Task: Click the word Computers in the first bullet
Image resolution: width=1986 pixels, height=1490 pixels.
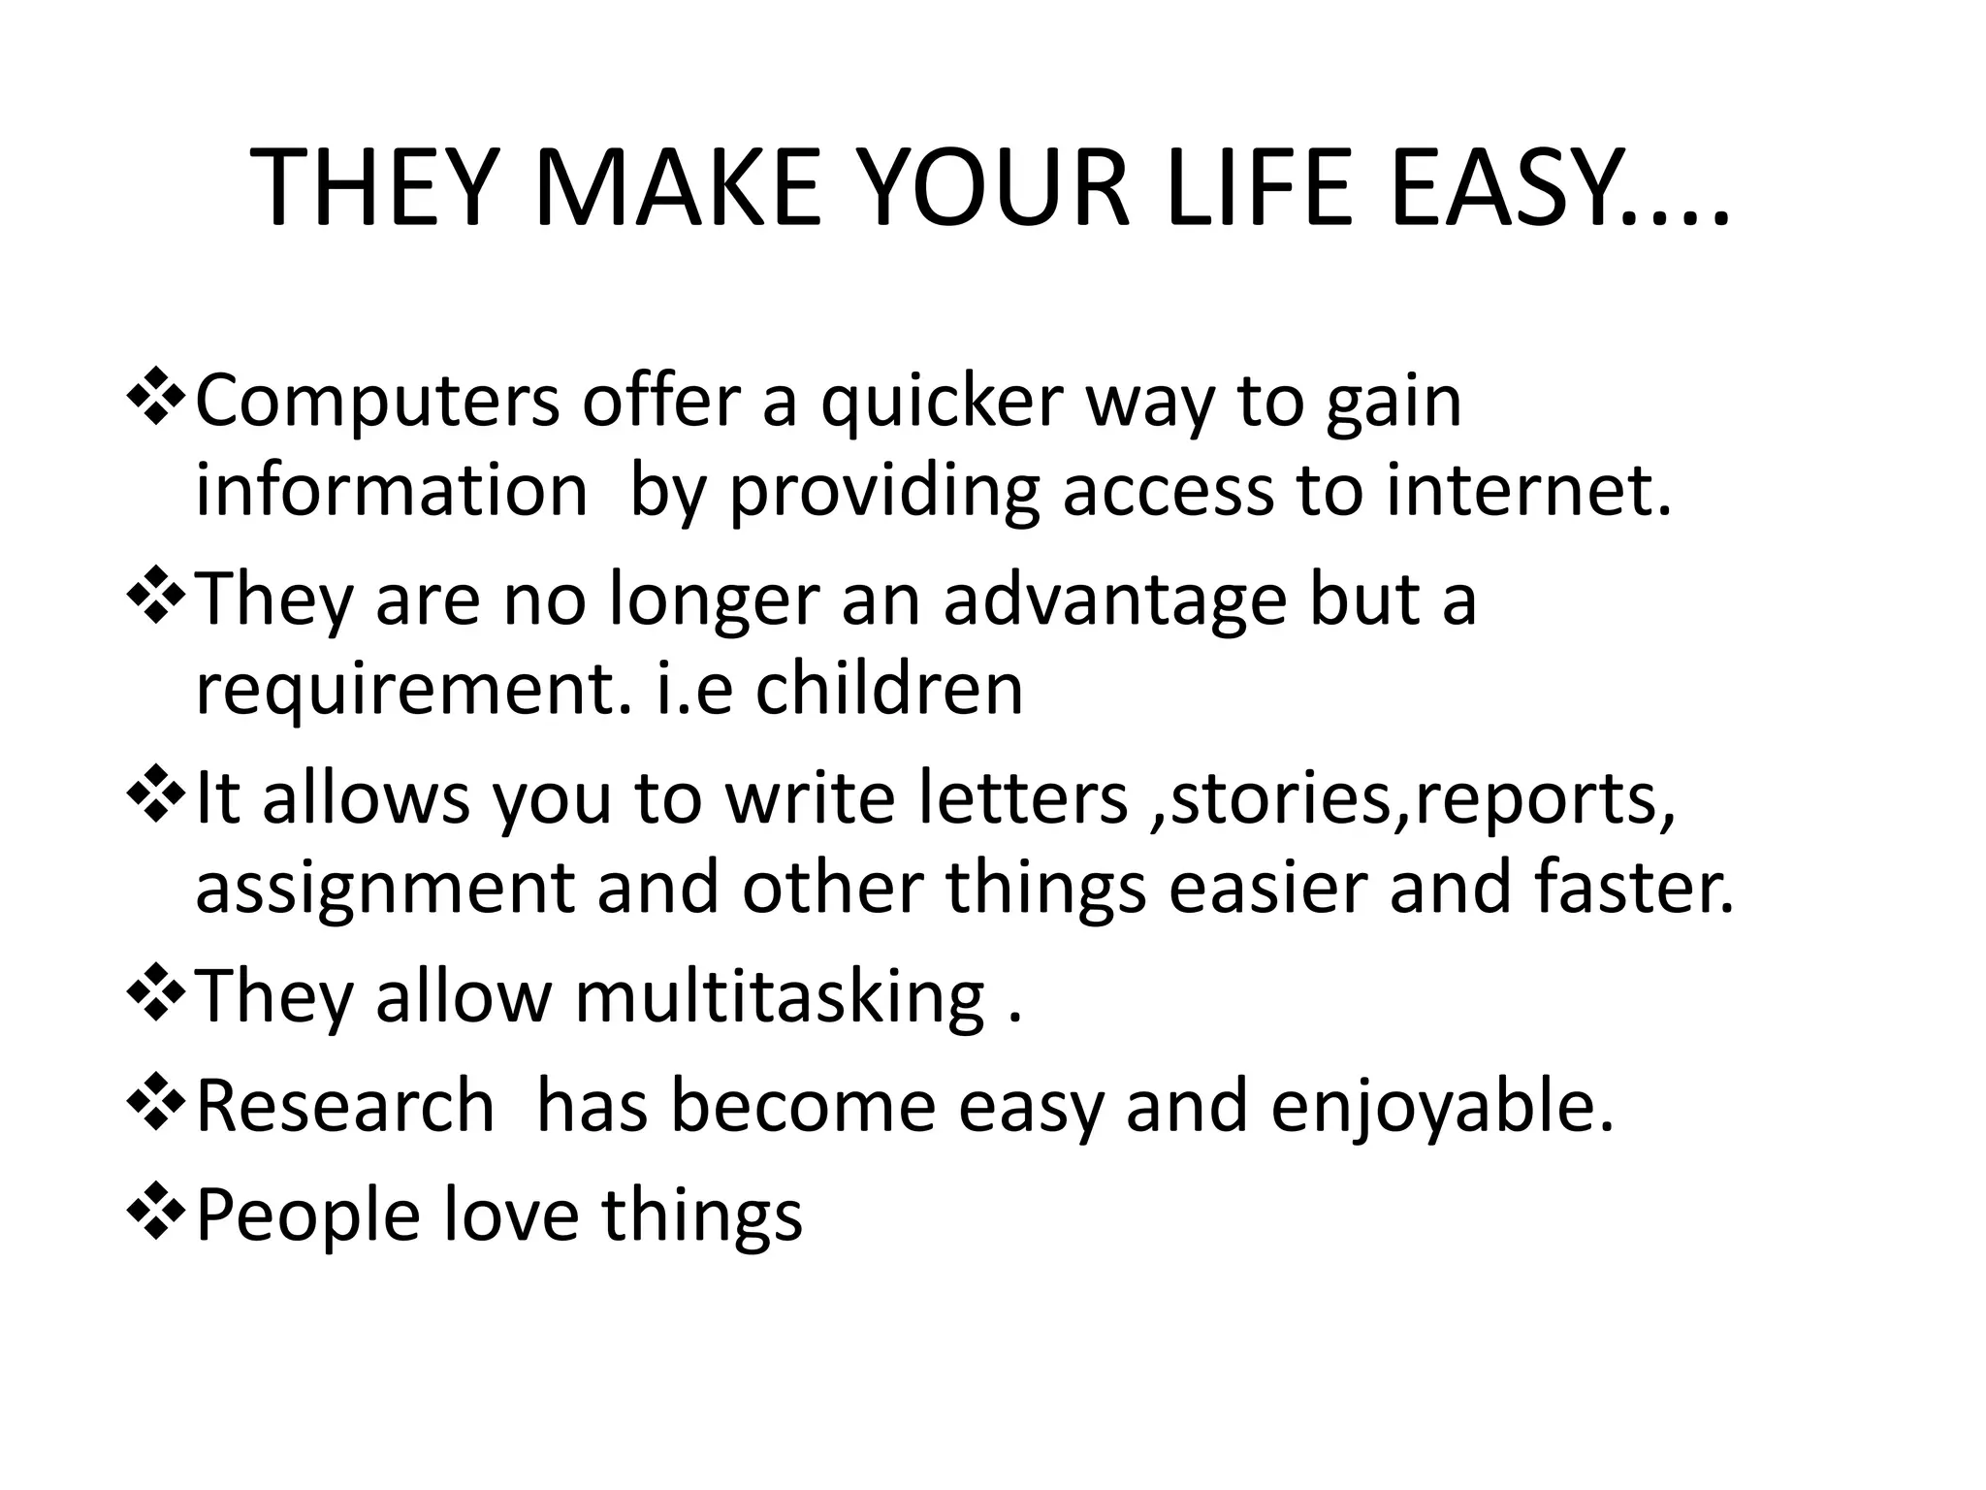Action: [377, 403]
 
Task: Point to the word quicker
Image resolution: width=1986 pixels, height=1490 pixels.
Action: [942, 403]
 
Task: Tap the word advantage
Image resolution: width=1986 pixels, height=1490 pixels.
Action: [1114, 599]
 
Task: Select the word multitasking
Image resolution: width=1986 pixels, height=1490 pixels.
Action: [779, 997]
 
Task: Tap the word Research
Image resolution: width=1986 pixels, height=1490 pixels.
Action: [344, 1106]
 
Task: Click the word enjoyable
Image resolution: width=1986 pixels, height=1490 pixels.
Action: [1442, 1106]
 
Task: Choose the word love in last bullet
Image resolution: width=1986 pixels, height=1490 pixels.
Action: [509, 1215]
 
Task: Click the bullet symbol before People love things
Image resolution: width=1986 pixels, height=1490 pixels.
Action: [155, 1215]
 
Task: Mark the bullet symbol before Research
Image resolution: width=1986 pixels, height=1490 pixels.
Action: [155, 1106]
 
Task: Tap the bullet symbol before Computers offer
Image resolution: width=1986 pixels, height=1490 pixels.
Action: [155, 401]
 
